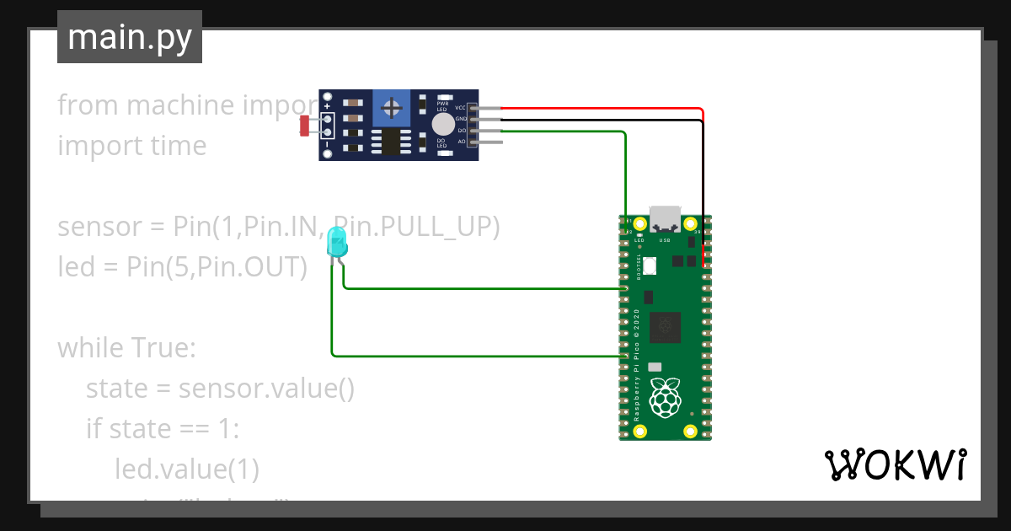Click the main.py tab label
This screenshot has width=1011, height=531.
tap(129, 37)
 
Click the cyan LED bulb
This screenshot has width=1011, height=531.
tap(336, 242)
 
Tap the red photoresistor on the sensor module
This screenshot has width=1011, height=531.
tap(305, 126)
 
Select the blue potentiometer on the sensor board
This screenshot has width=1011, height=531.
tap(391, 107)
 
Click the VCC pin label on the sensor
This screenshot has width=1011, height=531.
tap(460, 108)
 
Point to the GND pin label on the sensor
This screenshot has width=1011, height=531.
tap(460, 120)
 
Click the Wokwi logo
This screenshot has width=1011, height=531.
tap(894, 465)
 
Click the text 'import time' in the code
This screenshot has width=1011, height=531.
tap(131, 146)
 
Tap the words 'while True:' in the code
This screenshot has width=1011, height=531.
tap(126, 347)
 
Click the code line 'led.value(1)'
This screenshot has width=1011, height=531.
tap(187, 469)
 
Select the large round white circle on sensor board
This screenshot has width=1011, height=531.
tap(441, 126)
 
